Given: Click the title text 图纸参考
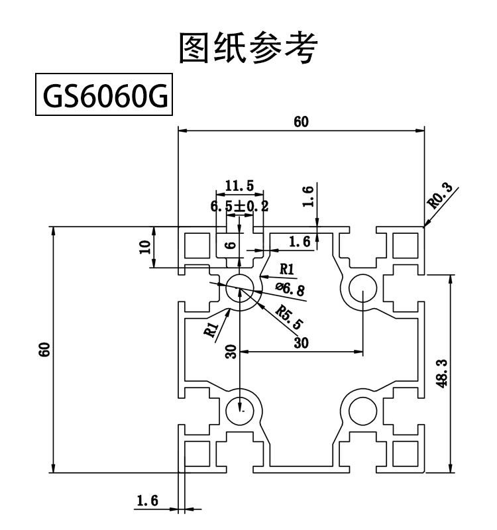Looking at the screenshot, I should (x=248, y=48).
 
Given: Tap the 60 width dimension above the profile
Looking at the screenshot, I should (x=301, y=121).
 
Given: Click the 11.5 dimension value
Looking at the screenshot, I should (x=239, y=185).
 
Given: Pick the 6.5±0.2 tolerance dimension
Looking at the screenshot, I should (x=239, y=206).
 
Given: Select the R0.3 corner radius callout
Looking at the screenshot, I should (x=441, y=197).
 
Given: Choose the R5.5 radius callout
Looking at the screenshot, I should (x=290, y=318).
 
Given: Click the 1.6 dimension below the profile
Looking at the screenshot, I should (x=147, y=501).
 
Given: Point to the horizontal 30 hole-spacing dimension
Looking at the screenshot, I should (x=301, y=343).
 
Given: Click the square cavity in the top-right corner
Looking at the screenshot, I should (x=404, y=246).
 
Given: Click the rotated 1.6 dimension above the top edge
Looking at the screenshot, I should (x=307, y=197).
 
